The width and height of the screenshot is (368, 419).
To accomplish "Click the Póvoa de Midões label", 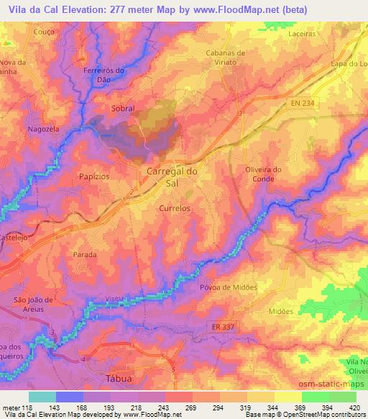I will coord(228,287).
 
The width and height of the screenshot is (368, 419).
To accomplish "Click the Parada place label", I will coord(85,255).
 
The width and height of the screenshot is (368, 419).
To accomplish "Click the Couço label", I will coord(24,32).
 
